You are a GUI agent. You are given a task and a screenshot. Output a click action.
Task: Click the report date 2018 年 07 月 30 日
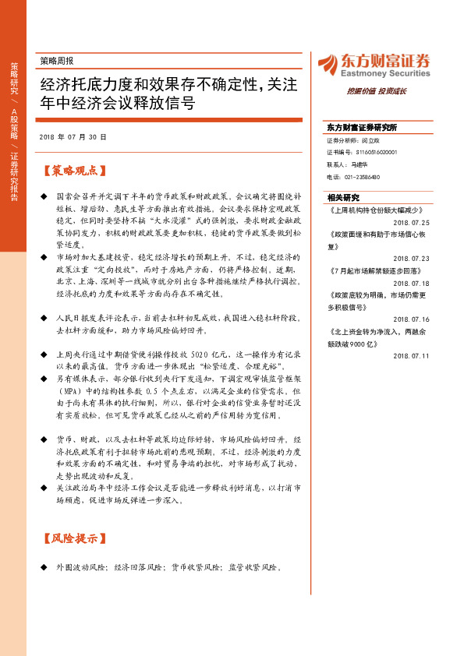pyautogui.click(x=73, y=136)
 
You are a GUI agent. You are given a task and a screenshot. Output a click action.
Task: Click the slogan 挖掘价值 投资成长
pyautogui.click(x=377, y=91)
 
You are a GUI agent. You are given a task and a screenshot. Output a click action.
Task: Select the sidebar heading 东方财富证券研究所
pyautogui.click(x=362, y=127)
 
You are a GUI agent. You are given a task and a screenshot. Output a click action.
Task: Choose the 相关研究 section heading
pyautogui.click(x=343, y=197)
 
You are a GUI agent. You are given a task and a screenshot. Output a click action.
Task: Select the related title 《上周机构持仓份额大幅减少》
pyautogui.click(x=378, y=210)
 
